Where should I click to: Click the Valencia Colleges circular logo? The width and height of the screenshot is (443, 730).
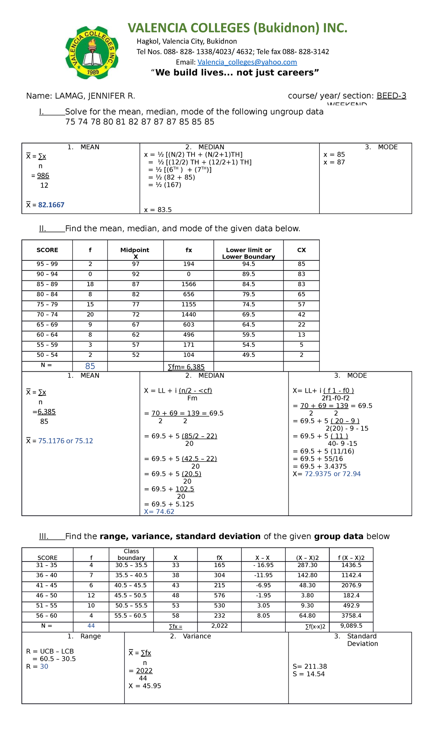[92, 53]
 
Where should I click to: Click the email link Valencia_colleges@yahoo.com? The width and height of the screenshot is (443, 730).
[247, 62]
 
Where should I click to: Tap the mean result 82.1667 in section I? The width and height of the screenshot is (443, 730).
[51, 205]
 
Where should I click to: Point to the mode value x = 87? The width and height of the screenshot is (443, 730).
[334, 162]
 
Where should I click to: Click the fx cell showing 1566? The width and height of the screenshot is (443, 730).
[189, 284]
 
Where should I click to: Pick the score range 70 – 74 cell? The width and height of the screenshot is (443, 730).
[47, 314]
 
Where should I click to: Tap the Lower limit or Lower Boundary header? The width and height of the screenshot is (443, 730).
[248, 253]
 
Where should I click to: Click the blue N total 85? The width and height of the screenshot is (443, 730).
[90, 366]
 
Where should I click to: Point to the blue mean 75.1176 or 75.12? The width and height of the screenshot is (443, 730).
[65, 441]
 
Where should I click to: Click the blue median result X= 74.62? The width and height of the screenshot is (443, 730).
[159, 512]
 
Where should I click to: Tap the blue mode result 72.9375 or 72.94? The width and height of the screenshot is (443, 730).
[332, 474]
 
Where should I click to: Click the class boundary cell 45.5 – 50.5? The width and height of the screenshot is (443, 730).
[131, 595]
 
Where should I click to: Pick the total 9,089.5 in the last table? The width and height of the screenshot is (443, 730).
[351, 626]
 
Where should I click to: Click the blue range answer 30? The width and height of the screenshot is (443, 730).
[44, 666]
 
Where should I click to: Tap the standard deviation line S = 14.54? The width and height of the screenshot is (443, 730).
[309, 674]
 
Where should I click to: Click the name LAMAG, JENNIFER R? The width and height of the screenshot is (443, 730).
[95, 96]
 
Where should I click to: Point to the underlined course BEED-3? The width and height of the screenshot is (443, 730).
[391, 96]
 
